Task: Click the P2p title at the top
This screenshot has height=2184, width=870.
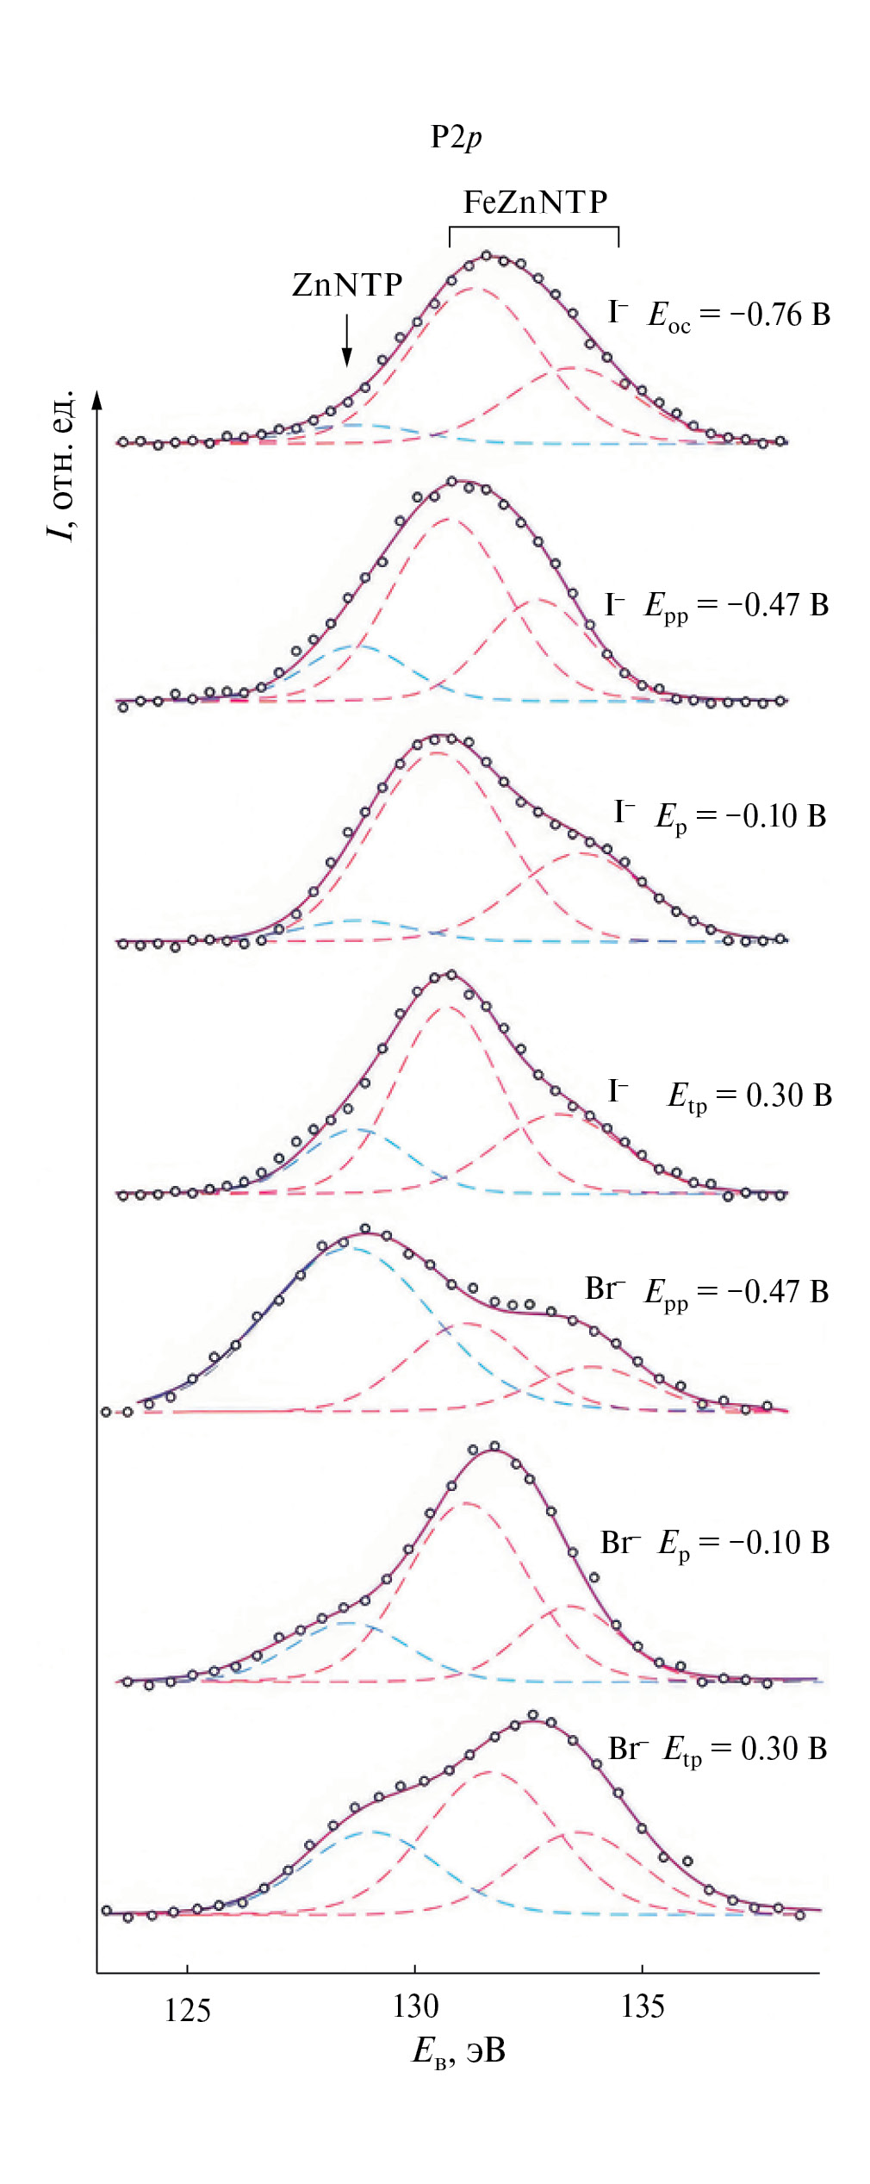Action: coord(456,137)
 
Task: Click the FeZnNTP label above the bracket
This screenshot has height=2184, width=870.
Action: coord(535,203)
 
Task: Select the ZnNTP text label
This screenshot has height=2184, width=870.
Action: coord(347,284)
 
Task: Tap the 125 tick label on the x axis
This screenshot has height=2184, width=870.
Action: coord(187,2010)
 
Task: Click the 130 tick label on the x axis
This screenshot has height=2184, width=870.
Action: coord(415,2006)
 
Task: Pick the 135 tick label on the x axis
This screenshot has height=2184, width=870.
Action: coord(643,2006)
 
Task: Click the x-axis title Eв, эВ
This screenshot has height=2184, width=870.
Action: coord(458,2050)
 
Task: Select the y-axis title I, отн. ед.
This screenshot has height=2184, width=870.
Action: coord(61,465)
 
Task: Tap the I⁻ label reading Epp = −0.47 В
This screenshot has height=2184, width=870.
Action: coord(717,606)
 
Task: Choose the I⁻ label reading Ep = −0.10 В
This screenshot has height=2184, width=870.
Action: coord(720,816)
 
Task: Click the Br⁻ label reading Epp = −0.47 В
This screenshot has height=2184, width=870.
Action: coord(706,1291)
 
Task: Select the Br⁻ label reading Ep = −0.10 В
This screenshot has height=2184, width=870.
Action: coord(714,1543)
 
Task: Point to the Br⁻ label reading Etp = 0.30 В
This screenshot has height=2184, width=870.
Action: coord(718,1750)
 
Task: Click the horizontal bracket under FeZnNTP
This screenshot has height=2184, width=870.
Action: coord(534,228)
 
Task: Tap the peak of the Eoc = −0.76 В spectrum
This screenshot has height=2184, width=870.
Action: coord(488,256)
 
